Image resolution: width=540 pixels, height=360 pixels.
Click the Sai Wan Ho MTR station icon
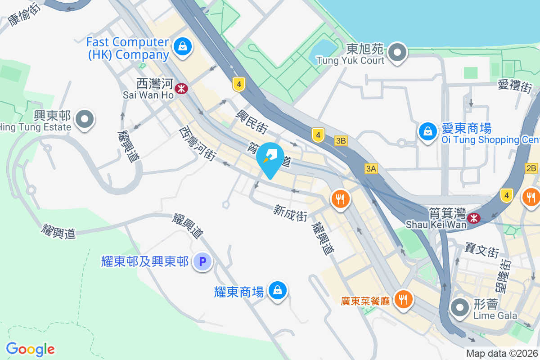click(182, 89)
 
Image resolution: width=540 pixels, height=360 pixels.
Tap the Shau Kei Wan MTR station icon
click(473, 218)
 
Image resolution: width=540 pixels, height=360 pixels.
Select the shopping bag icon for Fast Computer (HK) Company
click(183, 46)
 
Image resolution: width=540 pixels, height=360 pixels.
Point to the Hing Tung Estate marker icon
click(85, 120)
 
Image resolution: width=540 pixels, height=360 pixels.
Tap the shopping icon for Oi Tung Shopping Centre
click(426, 131)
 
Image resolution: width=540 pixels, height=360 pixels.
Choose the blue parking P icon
click(202, 261)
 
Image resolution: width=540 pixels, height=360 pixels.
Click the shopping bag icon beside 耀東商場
click(278, 291)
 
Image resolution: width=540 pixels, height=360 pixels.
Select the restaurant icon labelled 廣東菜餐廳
click(403, 299)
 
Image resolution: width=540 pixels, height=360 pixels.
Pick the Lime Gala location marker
click(460, 308)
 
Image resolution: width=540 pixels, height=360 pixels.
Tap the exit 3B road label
click(341, 141)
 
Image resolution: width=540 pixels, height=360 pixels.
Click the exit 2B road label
click(531, 168)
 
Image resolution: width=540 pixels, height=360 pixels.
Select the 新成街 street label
click(290, 213)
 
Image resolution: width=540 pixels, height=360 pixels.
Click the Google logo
click(30, 349)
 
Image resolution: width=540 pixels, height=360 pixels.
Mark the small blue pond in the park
click(323, 50)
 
